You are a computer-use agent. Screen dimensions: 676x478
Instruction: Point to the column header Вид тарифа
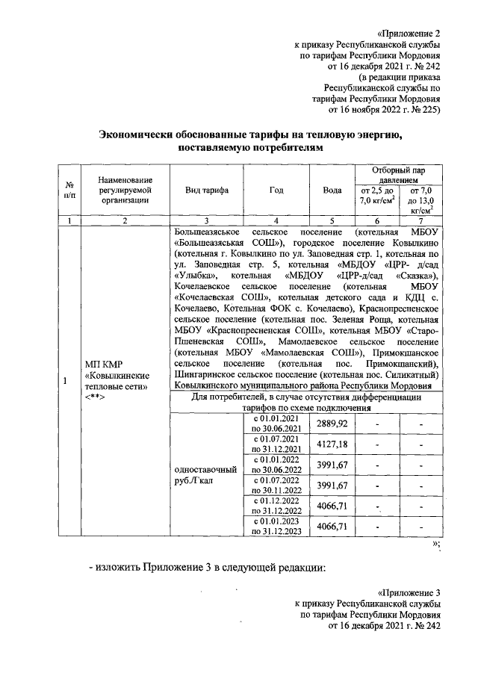point(207,190)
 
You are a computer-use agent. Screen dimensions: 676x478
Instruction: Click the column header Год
point(276,190)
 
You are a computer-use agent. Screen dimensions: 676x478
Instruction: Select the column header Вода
point(332,190)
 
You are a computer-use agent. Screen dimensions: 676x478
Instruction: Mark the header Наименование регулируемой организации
point(125,190)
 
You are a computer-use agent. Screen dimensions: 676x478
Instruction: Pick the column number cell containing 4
point(276,220)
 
